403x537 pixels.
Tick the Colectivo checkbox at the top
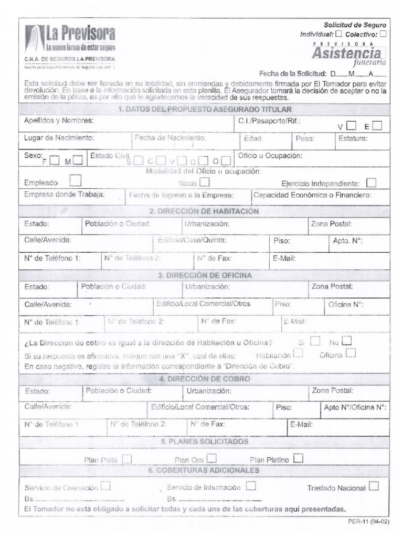(x=383, y=34)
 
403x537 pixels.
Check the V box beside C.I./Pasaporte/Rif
(x=351, y=125)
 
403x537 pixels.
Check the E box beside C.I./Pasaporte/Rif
(x=377, y=125)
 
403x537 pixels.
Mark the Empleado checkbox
(x=76, y=181)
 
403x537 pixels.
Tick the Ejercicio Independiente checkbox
(x=372, y=182)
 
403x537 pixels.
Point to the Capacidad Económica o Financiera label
(x=312, y=195)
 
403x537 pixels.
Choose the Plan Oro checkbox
(x=211, y=459)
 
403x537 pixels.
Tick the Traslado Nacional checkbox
(x=373, y=487)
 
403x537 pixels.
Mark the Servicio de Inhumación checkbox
(x=250, y=486)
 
